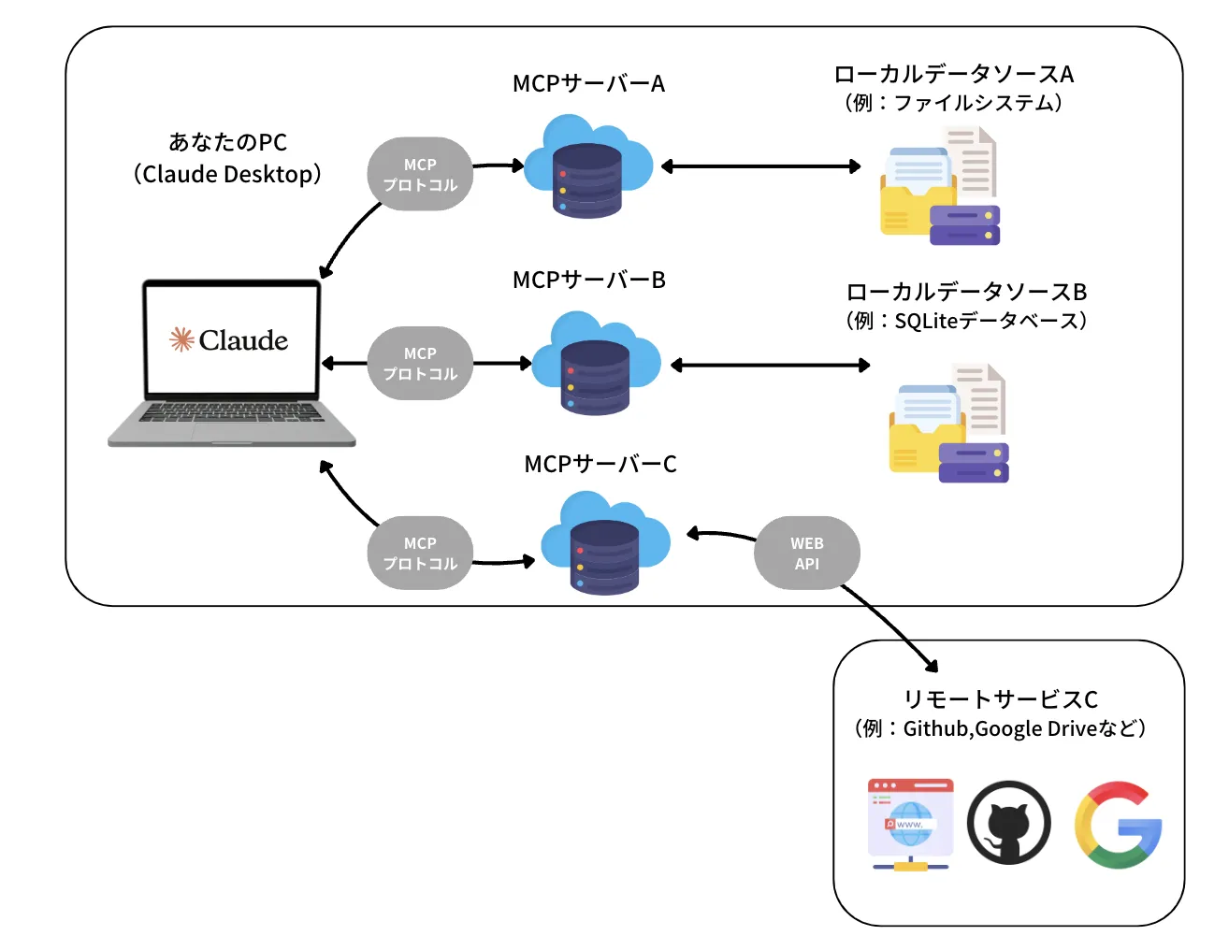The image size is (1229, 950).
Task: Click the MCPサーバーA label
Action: pyautogui.click(x=588, y=84)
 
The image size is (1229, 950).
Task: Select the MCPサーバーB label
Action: pyautogui.click(x=588, y=281)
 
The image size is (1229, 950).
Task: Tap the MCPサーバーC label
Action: pyautogui.click(x=600, y=465)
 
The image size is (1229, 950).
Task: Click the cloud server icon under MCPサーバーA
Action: pyautogui.click(x=587, y=168)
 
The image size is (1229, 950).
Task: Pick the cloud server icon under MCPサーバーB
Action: pyautogui.click(x=596, y=366)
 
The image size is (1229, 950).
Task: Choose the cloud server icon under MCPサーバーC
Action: pyautogui.click(x=605, y=546)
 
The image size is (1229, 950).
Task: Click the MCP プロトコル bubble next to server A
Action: pyautogui.click(x=420, y=175)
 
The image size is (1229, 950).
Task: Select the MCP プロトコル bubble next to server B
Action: pyautogui.click(x=420, y=364)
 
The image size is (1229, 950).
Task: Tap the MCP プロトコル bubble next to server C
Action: pyautogui.click(x=420, y=554)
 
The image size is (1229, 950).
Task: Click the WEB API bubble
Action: pyautogui.click(x=806, y=554)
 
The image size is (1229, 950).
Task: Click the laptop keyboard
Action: pyautogui.click(x=231, y=412)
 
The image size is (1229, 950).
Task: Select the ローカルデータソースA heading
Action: pyautogui.click(x=953, y=75)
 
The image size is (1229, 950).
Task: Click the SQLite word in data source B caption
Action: pyautogui.click(x=926, y=322)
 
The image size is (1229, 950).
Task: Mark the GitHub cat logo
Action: pyautogui.click(x=1008, y=824)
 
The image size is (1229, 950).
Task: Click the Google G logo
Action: pyautogui.click(x=1118, y=825)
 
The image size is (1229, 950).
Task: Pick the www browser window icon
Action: pyautogui.click(x=910, y=823)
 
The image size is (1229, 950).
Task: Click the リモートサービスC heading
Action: pyautogui.click(x=1000, y=699)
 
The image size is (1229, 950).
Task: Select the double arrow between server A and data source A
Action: pyautogui.click(x=760, y=166)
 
